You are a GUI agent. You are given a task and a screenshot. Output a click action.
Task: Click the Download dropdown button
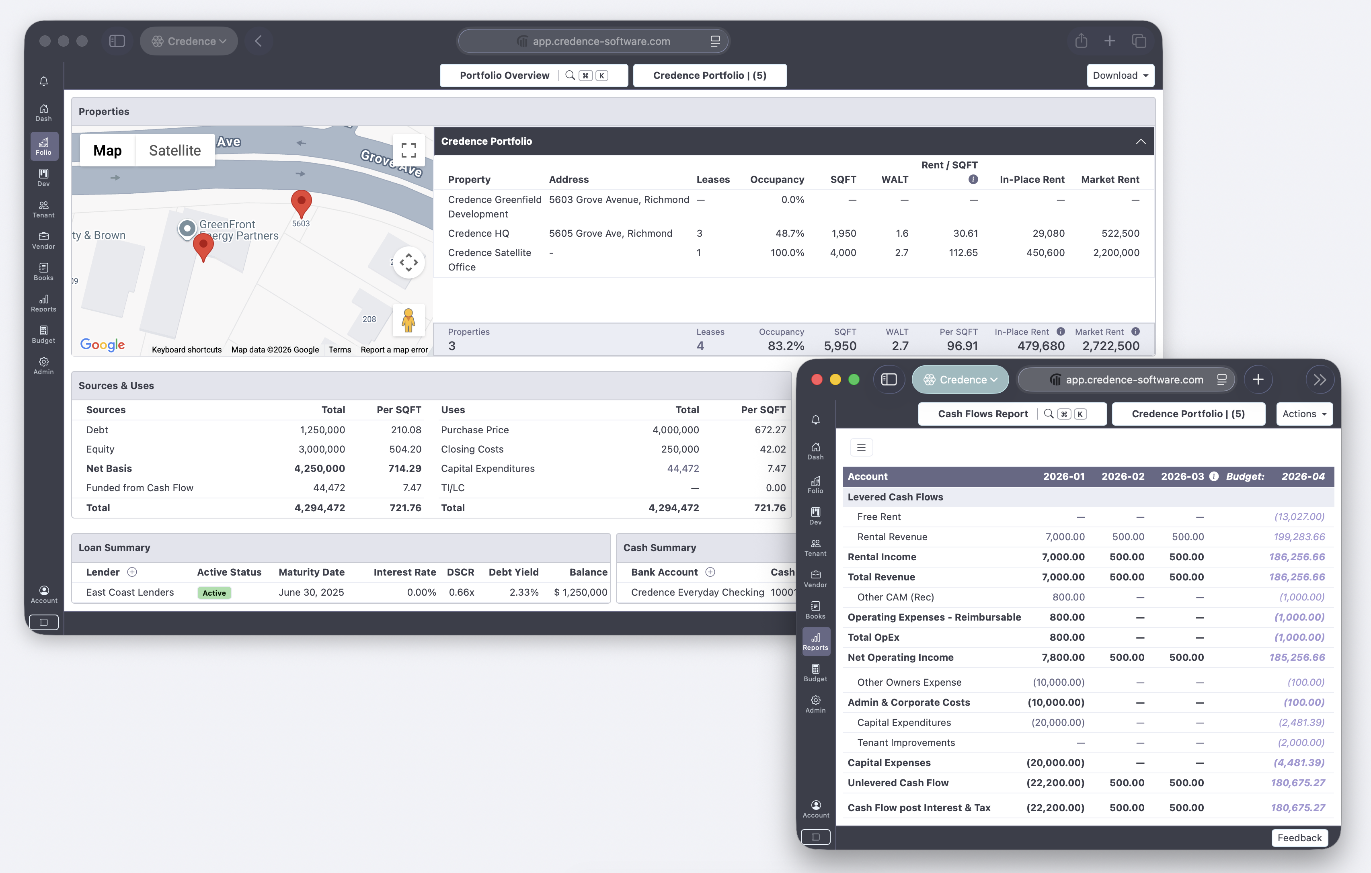pos(1120,76)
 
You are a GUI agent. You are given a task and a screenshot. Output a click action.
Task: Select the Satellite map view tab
pos(175,151)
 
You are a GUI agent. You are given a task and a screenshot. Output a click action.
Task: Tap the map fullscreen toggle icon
pos(408,150)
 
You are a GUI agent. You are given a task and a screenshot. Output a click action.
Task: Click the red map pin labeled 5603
pos(301,203)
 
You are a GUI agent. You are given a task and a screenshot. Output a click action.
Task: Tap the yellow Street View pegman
pos(408,320)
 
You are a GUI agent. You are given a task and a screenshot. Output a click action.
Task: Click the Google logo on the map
pos(103,344)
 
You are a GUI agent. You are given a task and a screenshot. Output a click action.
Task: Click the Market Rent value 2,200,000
pos(1116,253)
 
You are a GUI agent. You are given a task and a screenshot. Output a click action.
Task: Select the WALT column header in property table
pos(895,180)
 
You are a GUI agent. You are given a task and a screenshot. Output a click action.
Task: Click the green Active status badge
pos(214,593)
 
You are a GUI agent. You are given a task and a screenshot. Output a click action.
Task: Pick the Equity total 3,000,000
pos(322,449)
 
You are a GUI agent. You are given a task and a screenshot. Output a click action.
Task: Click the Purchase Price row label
pos(475,430)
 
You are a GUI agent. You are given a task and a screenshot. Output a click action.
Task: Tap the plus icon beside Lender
pos(132,572)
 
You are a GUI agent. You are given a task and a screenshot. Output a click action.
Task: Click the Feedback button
pos(1299,838)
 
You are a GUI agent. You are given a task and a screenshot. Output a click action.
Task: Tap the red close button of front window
pos(817,379)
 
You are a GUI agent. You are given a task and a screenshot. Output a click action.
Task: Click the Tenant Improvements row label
pos(906,743)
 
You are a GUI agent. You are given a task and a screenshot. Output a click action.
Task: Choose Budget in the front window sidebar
pos(815,673)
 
